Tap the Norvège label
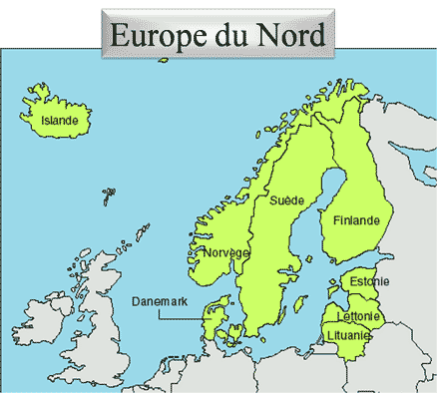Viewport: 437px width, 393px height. click(225, 252)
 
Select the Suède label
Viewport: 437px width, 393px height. click(287, 200)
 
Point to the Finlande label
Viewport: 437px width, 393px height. click(357, 220)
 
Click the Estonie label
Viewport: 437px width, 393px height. click(370, 281)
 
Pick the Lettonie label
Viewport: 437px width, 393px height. click(360, 316)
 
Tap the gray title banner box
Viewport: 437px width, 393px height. click(217, 36)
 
